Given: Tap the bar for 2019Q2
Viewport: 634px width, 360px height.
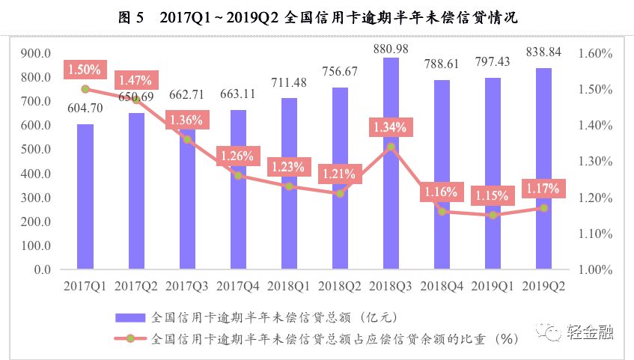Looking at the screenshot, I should tap(543, 168).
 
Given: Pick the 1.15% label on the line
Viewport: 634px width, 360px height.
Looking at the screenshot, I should tap(491, 196).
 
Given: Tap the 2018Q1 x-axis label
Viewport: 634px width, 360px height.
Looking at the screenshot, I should tap(288, 285).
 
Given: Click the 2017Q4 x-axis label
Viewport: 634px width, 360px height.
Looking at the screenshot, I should tap(237, 285).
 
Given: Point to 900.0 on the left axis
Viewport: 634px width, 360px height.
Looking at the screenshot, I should tap(35, 53).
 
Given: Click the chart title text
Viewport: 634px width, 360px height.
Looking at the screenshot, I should tap(317, 18).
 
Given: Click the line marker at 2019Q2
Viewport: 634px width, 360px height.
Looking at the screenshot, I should tap(543, 208).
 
